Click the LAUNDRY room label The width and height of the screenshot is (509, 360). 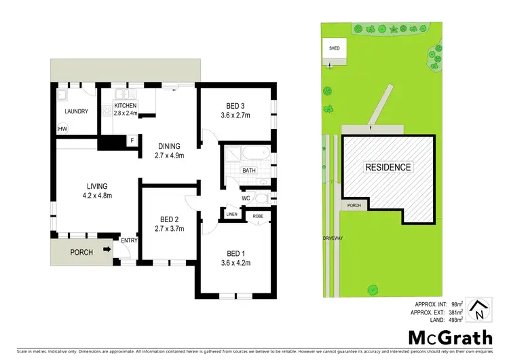coord(76,111)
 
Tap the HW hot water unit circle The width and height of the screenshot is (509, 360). coord(63,129)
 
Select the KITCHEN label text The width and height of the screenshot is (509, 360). coord(126,106)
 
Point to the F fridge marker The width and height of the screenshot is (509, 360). coord(132,141)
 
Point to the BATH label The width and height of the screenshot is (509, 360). coord(249,170)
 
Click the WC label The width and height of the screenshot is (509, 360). coord(247,198)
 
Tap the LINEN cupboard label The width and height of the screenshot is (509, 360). coord(232,215)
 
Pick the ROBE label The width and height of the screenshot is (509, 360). coord(258,215)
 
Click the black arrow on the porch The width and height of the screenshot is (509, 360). coord(107,250)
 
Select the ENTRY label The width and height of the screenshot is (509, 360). coord(128,239)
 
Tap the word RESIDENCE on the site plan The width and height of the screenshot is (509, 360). coord(388,167)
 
